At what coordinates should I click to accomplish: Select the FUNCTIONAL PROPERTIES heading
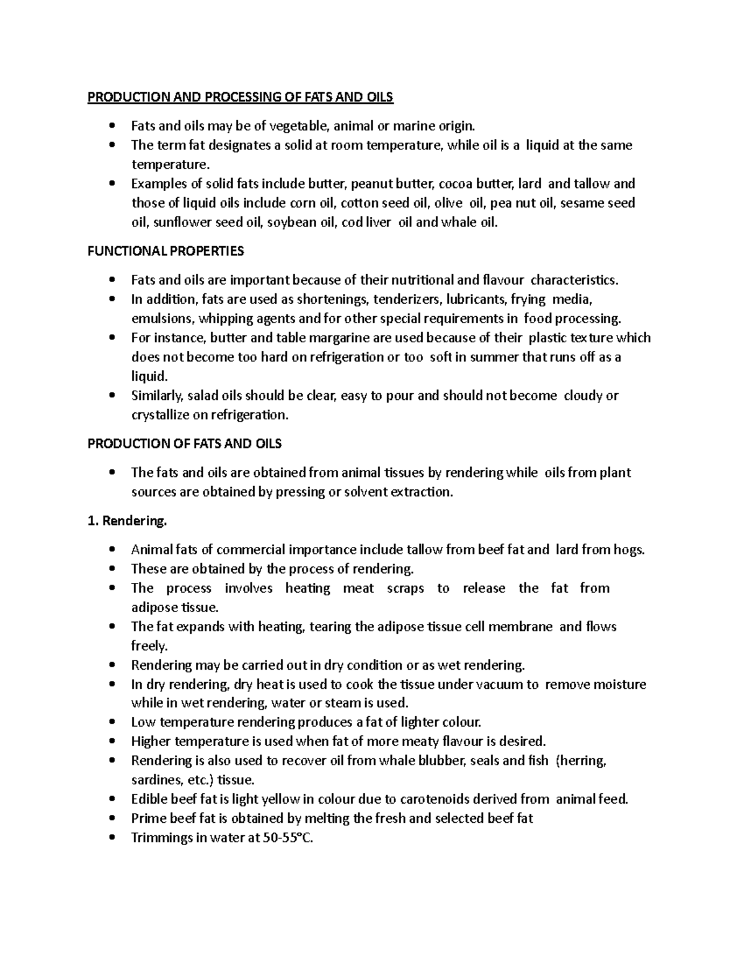click(x=166, y=251)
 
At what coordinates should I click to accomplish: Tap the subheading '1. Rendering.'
click(x=127, y=521)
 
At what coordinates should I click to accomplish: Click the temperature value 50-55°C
click(x=288, y=838)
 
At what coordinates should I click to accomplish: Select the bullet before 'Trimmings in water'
click(x=112, y=838)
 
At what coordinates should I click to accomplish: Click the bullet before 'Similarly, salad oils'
click(x=112, y=396)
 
